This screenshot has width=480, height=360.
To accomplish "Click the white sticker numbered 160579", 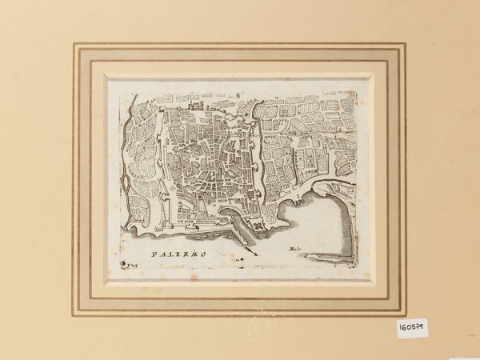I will [411, 327].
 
